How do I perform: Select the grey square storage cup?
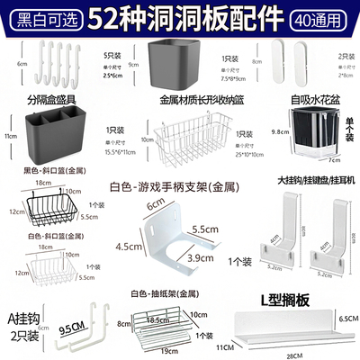tap(175, 64)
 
